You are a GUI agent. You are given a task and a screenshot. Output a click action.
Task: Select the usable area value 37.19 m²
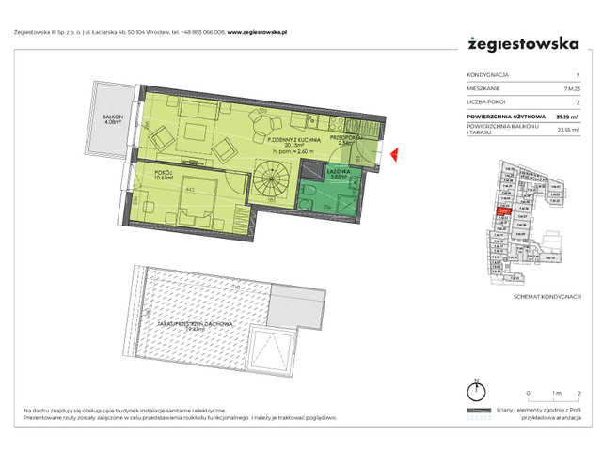coord(566,117)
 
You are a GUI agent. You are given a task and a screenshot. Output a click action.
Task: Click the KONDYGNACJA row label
coord(488,75)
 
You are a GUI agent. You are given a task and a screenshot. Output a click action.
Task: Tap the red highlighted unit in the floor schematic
coord(504,212)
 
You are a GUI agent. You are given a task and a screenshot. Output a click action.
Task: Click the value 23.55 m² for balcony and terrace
coord(565,132)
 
